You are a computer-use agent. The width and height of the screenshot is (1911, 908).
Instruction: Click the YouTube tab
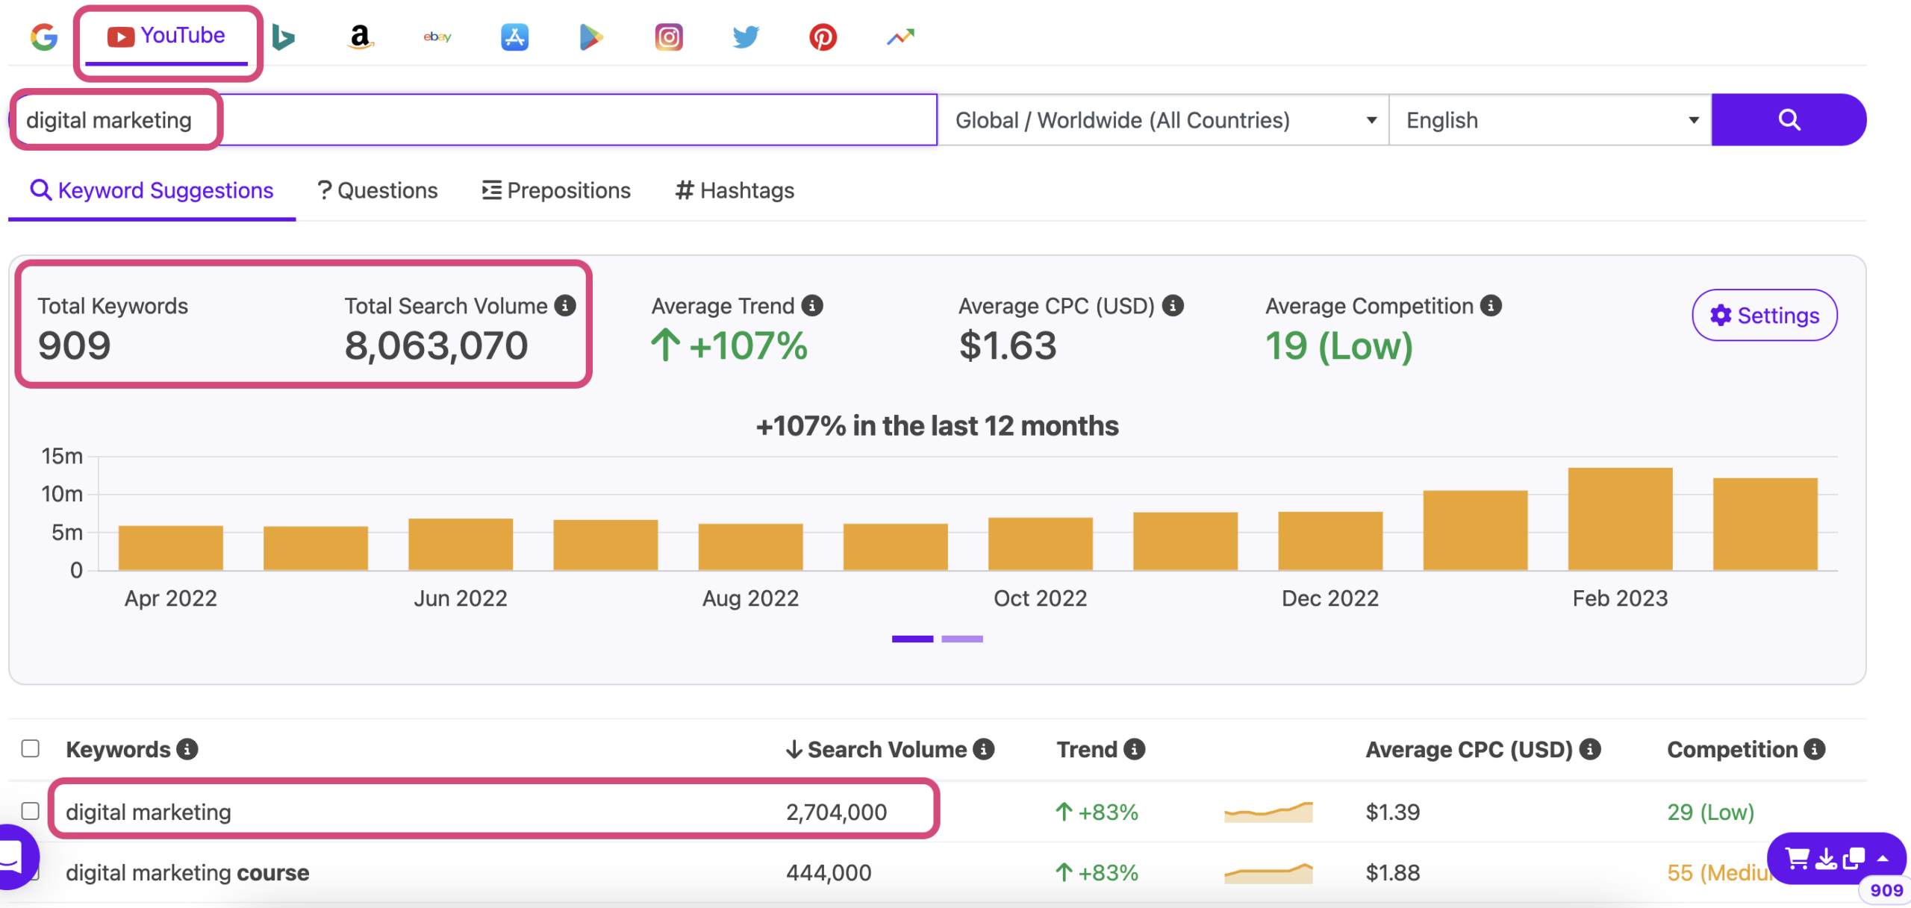click(x=166, y=36)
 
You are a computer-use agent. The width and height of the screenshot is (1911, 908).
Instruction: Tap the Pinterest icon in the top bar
click(x=823, y=37)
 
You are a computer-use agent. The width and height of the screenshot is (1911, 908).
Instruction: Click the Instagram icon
click(x=668, y=37)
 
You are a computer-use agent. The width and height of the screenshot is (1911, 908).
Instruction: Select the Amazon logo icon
click(x=360, y=37)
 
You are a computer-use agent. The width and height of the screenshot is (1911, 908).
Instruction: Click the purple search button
click(x=1788, y=119)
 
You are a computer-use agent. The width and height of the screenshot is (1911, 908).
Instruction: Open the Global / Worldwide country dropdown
click(x=1163, y=120)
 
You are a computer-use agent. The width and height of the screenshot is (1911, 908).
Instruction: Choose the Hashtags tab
click(x=735, y=191)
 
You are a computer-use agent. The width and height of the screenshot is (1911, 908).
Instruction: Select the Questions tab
click(x=378, y=191)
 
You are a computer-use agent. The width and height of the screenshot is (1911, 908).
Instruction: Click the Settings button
click(x=1764, y=316)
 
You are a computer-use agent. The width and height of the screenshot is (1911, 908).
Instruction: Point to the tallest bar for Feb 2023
click(x=1619, y=519)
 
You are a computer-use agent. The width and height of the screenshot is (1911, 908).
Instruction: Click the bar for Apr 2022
click(x=170, y=548)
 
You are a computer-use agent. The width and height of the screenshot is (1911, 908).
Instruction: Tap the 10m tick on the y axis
click(x=62, y=494)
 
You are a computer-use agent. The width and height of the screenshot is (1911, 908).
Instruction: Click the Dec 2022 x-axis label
click(x=1329, y=598)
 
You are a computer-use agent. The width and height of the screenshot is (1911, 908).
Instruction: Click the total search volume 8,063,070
click(x=436, y=346)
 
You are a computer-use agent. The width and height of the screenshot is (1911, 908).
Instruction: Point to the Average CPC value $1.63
click(x=1007, y=346)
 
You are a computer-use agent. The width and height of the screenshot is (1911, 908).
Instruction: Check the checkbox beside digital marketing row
click(x=31, y=811)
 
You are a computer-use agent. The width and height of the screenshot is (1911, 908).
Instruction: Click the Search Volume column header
click(x=887, y=750)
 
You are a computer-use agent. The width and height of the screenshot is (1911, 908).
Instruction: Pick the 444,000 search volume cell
click(x=829, y=873)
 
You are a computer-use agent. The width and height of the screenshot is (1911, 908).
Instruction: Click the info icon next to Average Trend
click(x=812, y=306)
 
